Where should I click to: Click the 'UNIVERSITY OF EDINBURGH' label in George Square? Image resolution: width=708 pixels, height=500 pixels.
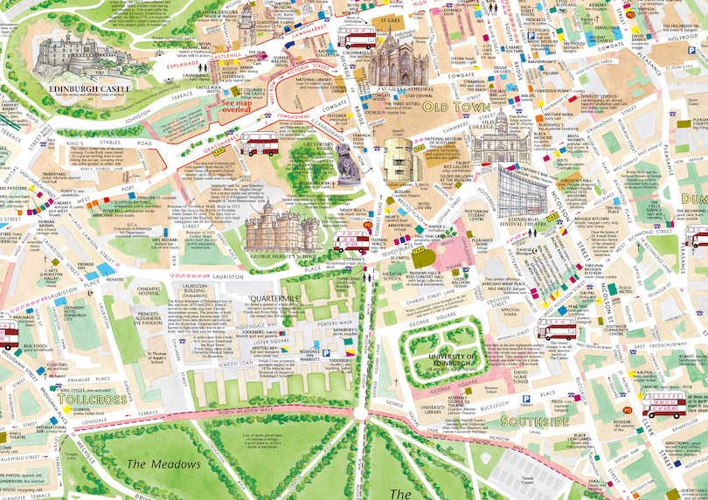coord(453,360)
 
